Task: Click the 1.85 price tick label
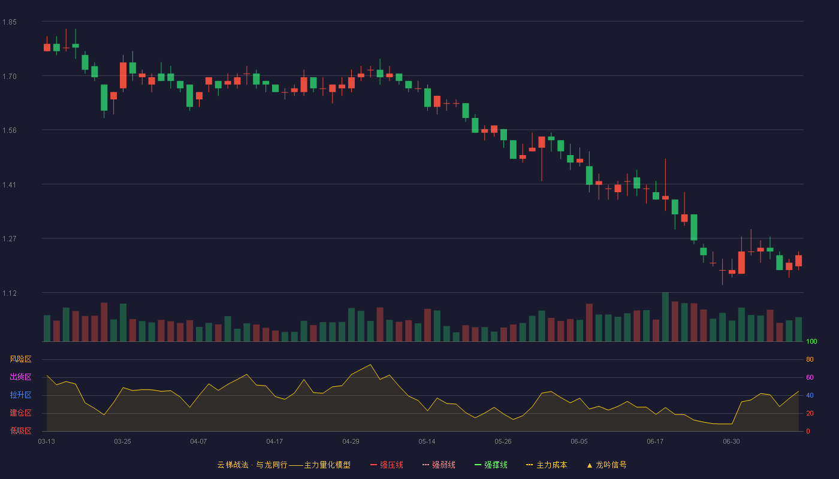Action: point(10,22)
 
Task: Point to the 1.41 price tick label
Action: point(10,185)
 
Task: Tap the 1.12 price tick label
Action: point(10,293)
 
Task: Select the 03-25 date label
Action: point(122,442)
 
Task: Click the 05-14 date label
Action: point(427,442)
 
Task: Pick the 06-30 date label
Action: point(731,442)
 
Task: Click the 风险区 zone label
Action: point(20,359)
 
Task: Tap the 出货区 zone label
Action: point(20,377)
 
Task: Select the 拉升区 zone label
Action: point(20,395)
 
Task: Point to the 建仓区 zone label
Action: point(20,413)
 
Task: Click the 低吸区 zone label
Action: point(20,431)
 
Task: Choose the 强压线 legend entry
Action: point(387,465)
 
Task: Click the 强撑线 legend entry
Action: point(491,465)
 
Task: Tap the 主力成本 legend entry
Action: point(547,465)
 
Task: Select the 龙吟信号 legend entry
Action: point(606,465)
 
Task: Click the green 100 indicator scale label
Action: point(811,341)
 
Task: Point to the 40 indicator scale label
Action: point(810,395)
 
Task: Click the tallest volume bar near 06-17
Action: point(665,317)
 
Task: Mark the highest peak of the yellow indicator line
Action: point(370,365)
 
